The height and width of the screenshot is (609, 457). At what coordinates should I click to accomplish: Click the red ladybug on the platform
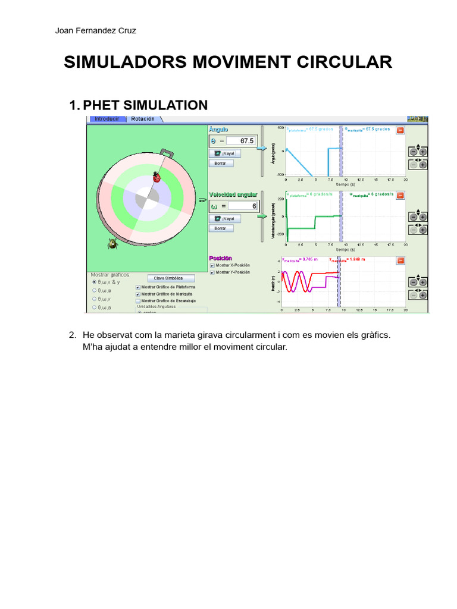pyautogui.click(x=157, y=177)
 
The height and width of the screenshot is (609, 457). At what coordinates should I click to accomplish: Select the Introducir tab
pyautogui.click(x=107, y=119)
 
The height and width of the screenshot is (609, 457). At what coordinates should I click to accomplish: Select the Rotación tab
pyautogui.click(x=142, y=119)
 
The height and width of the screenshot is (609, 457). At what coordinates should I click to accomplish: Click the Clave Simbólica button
pyautogui.click(x=169, y=278)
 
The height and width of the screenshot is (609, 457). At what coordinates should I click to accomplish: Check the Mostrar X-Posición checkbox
pyautogui.click(x=212, y=265)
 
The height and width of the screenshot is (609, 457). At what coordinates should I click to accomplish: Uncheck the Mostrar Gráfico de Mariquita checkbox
pyautogui.click(x=139, y=294)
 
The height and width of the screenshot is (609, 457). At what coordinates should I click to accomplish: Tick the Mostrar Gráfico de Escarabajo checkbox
pyautogui.click(x=139, y=301)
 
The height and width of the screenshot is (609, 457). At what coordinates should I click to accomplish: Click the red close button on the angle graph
pyautogui.click(x=400, y=130)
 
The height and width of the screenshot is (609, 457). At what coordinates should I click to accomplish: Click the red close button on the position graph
pyautogui.click(x=400, y=260)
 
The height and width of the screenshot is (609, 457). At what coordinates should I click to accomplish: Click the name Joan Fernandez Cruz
pyautogui.click(x=95, y=31)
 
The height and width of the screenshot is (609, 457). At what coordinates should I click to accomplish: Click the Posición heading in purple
pyautogui.click(x=221, y=258)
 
